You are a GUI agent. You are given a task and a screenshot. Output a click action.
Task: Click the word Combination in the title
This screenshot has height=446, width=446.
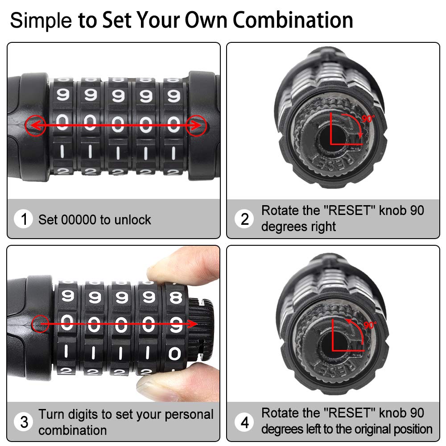(293, 20)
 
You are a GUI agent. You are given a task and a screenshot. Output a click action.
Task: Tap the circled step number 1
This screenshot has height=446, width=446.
(24, 219)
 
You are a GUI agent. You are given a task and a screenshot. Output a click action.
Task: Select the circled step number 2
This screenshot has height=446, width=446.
(244, 219)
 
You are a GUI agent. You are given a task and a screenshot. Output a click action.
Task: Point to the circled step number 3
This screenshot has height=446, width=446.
(24, 422)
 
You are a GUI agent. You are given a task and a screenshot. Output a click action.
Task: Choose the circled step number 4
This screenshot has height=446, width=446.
(244, 422)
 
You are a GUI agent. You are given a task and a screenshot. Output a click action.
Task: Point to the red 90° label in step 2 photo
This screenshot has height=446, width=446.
(368, 118)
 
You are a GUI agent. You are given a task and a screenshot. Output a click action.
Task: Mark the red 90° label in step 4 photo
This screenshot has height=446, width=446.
(370, 325)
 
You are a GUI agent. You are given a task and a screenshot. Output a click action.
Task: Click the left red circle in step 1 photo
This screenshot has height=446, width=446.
(36, 125)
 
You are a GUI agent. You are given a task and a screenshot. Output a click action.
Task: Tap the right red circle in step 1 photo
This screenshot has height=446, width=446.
(196, 125)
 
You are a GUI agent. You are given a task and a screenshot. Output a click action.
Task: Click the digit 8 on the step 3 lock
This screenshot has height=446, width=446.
(175, 297)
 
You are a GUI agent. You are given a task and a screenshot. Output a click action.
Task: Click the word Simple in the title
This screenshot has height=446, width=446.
(41, 21)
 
